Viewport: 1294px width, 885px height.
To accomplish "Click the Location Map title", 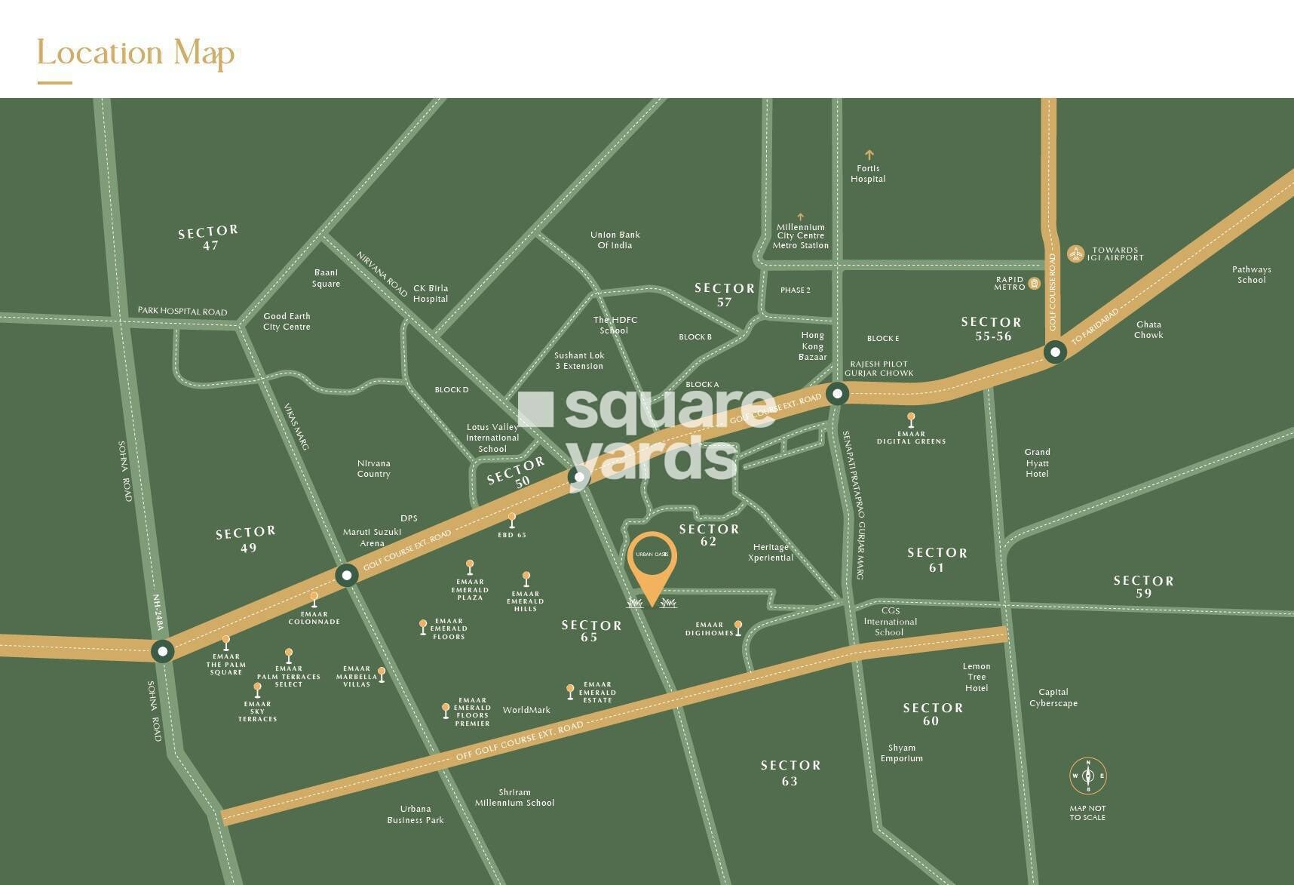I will pos(136,54).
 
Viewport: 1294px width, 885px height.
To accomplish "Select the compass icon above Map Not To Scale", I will pos(1087,776).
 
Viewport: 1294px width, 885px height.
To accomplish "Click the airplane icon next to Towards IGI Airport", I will pos(1076,254).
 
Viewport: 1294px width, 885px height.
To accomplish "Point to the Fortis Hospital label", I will pos(868,174).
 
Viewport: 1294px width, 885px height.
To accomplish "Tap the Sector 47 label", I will pos(209,238).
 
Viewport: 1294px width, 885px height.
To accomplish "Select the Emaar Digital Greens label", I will pos(911,438).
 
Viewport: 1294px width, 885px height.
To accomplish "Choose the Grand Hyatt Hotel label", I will pos(1037,463).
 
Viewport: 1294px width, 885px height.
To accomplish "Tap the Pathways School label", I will pos(1251,275).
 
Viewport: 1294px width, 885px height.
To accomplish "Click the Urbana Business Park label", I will pos(415,814).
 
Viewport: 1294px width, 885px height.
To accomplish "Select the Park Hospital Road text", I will pos(182,311).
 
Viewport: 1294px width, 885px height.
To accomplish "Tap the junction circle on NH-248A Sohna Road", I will pos(162,651).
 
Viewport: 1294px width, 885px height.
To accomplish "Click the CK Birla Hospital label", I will pos(431,293).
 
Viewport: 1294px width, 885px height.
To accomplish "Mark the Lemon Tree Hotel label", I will pos(977,677).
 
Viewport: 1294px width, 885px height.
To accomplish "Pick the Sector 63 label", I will pos(790,773).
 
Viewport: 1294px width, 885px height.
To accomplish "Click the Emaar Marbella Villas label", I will pos(357,676).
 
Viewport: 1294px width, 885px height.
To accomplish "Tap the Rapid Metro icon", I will pos(1035,284).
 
